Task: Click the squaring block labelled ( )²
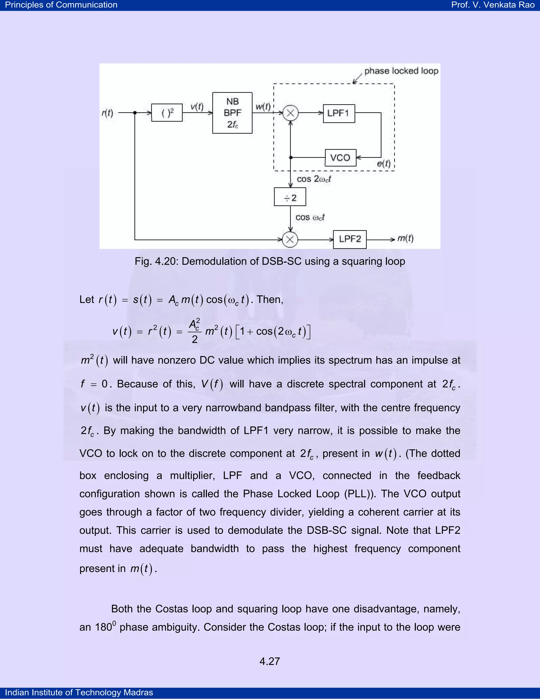pyautogui.click(x=167, y=113)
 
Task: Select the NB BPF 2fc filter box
pyautogui.click(x=232, y=113)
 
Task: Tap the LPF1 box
pyautogui.click(x=339, y=113)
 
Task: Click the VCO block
pyautogui.click(x=340, y=158)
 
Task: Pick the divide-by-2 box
pyautogui.click(x=290, y=197)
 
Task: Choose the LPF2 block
pyautogui.click(x=350, y=239)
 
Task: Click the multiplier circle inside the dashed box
pyautogui.click(x=291, y=113)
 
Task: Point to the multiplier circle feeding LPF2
pyautogui.click(x=290, y=240)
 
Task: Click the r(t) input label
pyautogui.click(x=108, y=113)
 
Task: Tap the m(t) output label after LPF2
pyautogui.click(x=405, y=238)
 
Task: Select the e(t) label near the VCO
pyautogui.click(x=384, y=164)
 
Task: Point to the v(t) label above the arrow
pyautogui.click(x=197, y=107)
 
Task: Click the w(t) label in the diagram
pyautogui.click(x=263, y=107)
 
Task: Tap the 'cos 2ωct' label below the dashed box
pyautogui.click(x=314, y=179)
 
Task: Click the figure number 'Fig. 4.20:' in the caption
pyautogui.click(x=156, y=261)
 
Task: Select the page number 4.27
pyautogui.click(x=270, y=661)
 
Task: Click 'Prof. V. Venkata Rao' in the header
pyautogui.click(x=493, y=5)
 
